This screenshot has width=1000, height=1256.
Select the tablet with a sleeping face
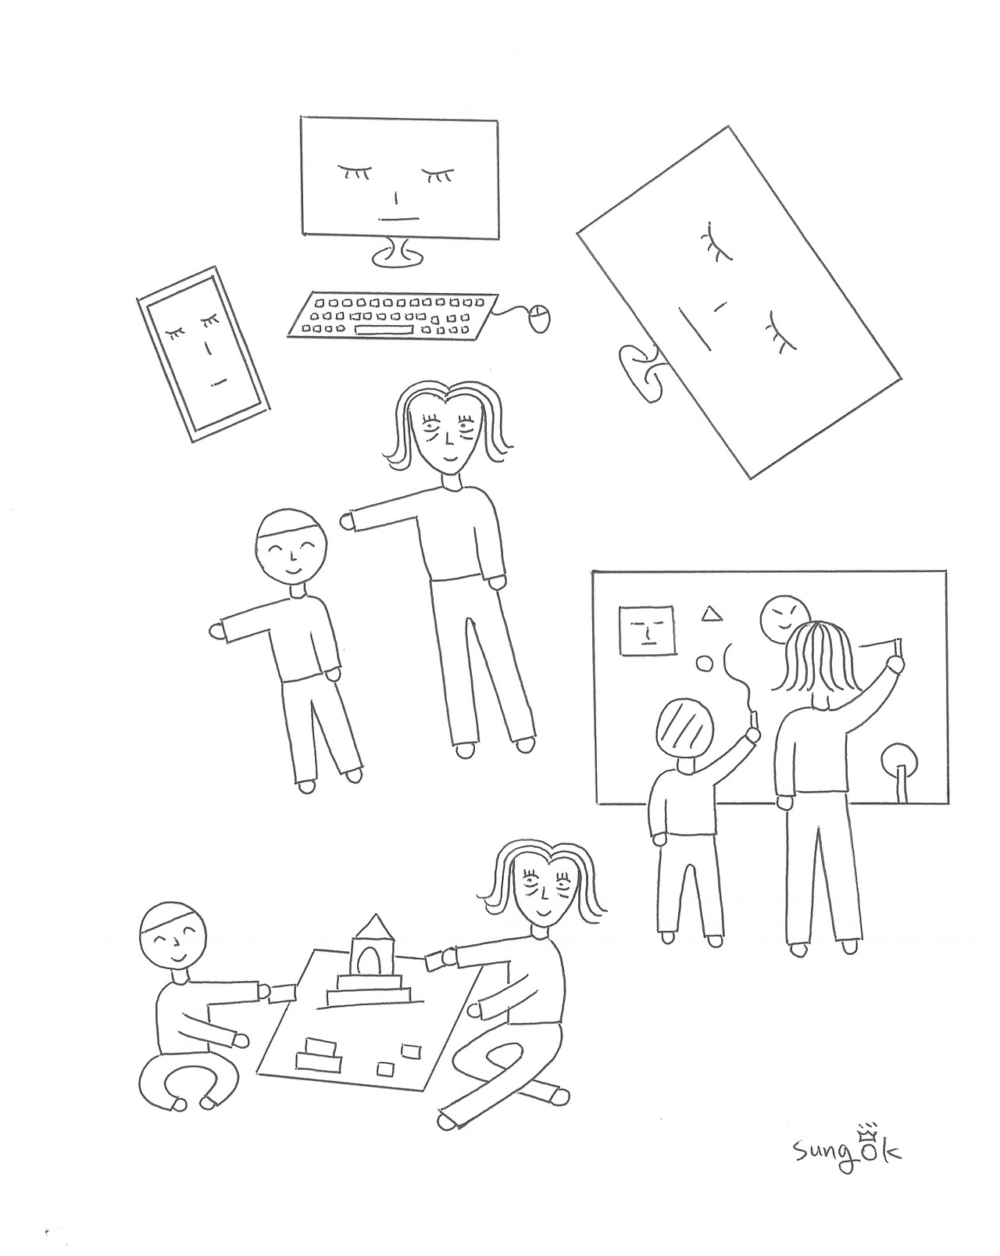pyautogui.click(x=203, y=354)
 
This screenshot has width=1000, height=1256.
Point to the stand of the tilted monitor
pyautogui.click(x=640, y=372)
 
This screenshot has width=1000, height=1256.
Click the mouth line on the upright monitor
pyautogui.click(x=399, y=220)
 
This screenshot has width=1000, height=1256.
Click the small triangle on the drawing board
pyautogui.click(x=712, y=614)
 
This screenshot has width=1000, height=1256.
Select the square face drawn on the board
pyautogui.click(x=646, y=630)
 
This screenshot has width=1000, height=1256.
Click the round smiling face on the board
pyautogui.click(x=783, y=619)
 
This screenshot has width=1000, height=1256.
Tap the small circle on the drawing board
pyautogui.click(x=704, y=664)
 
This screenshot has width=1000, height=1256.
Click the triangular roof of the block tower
pyautogui.click(x=375, y=943)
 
